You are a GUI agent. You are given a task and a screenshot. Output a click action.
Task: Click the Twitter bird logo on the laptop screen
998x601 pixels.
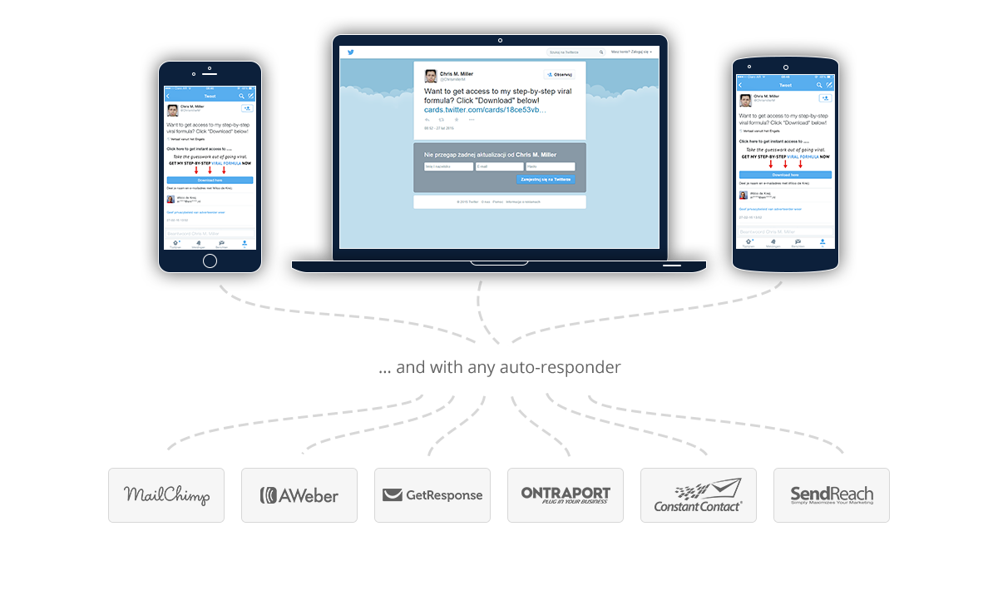[351, 52]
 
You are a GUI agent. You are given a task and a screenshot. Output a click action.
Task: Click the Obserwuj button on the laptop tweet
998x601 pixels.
[562, 74]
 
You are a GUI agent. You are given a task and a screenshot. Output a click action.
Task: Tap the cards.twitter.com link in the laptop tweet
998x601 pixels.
[485, 109]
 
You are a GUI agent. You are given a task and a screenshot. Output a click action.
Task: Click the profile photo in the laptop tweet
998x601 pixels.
[431, 76]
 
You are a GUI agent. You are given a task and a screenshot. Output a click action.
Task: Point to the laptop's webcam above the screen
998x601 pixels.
[499, 40]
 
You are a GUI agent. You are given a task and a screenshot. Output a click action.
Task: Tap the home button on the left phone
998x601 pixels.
[210, 261]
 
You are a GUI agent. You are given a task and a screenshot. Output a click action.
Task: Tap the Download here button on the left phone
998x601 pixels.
[210, 180]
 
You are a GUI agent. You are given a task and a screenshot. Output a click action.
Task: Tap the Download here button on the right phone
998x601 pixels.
[786, 175]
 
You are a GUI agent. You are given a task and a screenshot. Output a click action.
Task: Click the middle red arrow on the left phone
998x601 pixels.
[210, 170]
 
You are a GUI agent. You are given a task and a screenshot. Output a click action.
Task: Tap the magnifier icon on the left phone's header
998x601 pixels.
[241, 96]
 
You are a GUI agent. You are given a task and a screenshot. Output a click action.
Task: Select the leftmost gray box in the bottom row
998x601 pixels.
[166, 495]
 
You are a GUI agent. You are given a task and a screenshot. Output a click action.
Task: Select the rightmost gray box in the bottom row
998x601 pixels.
[832, 495]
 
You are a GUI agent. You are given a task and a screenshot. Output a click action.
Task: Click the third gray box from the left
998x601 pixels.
[432, 495]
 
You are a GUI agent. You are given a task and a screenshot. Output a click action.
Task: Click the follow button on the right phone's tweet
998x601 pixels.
[824, 98]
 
